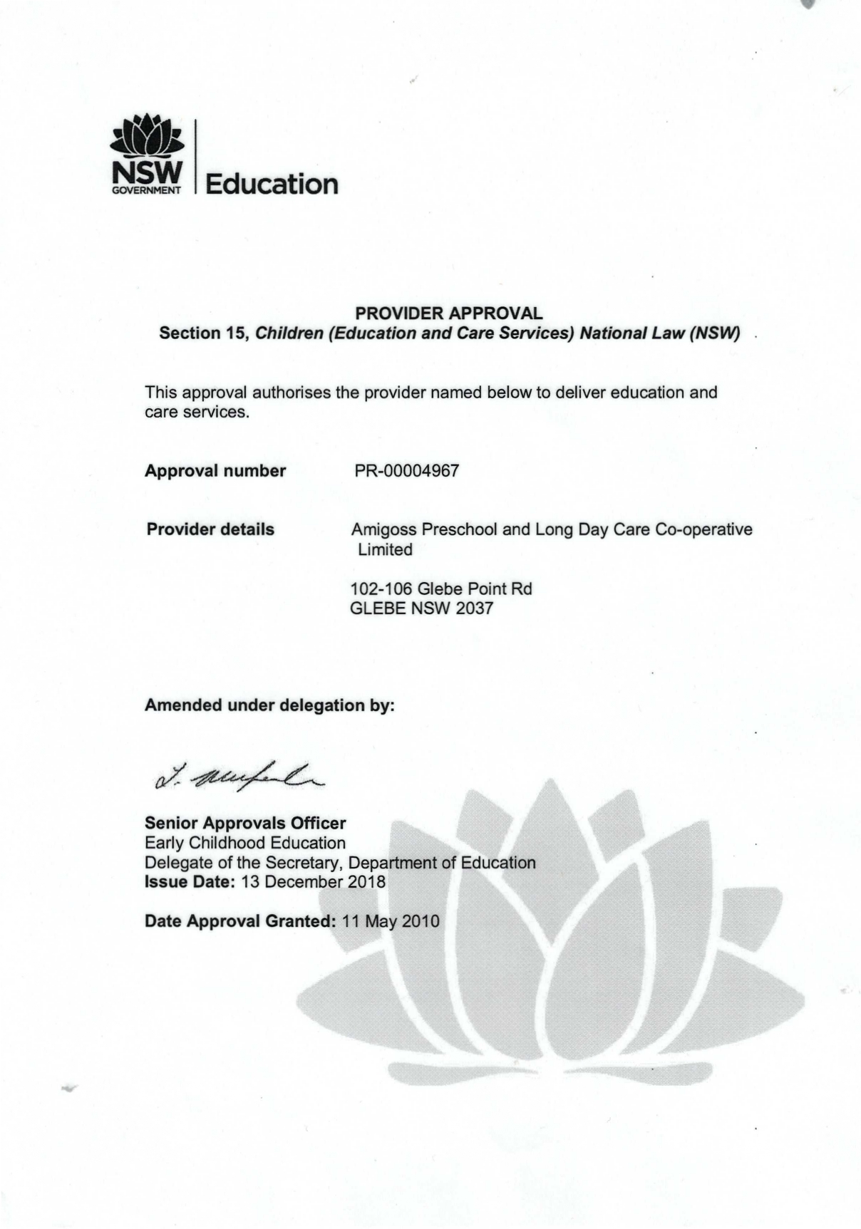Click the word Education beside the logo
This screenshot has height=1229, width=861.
272,184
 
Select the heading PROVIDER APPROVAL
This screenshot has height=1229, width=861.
449,313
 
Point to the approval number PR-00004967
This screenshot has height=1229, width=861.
406,471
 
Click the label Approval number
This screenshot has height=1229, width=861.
215,471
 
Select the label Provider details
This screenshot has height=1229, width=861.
210,529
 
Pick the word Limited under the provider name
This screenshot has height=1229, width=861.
385,549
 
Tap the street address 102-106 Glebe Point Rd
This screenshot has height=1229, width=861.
441,589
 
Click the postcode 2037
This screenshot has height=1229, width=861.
474,608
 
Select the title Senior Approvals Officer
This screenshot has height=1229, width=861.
245,823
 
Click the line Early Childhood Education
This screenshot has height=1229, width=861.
245,843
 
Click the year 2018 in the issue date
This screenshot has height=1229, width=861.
366,882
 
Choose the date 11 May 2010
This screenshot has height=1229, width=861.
391,921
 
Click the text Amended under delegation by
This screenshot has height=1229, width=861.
269,705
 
